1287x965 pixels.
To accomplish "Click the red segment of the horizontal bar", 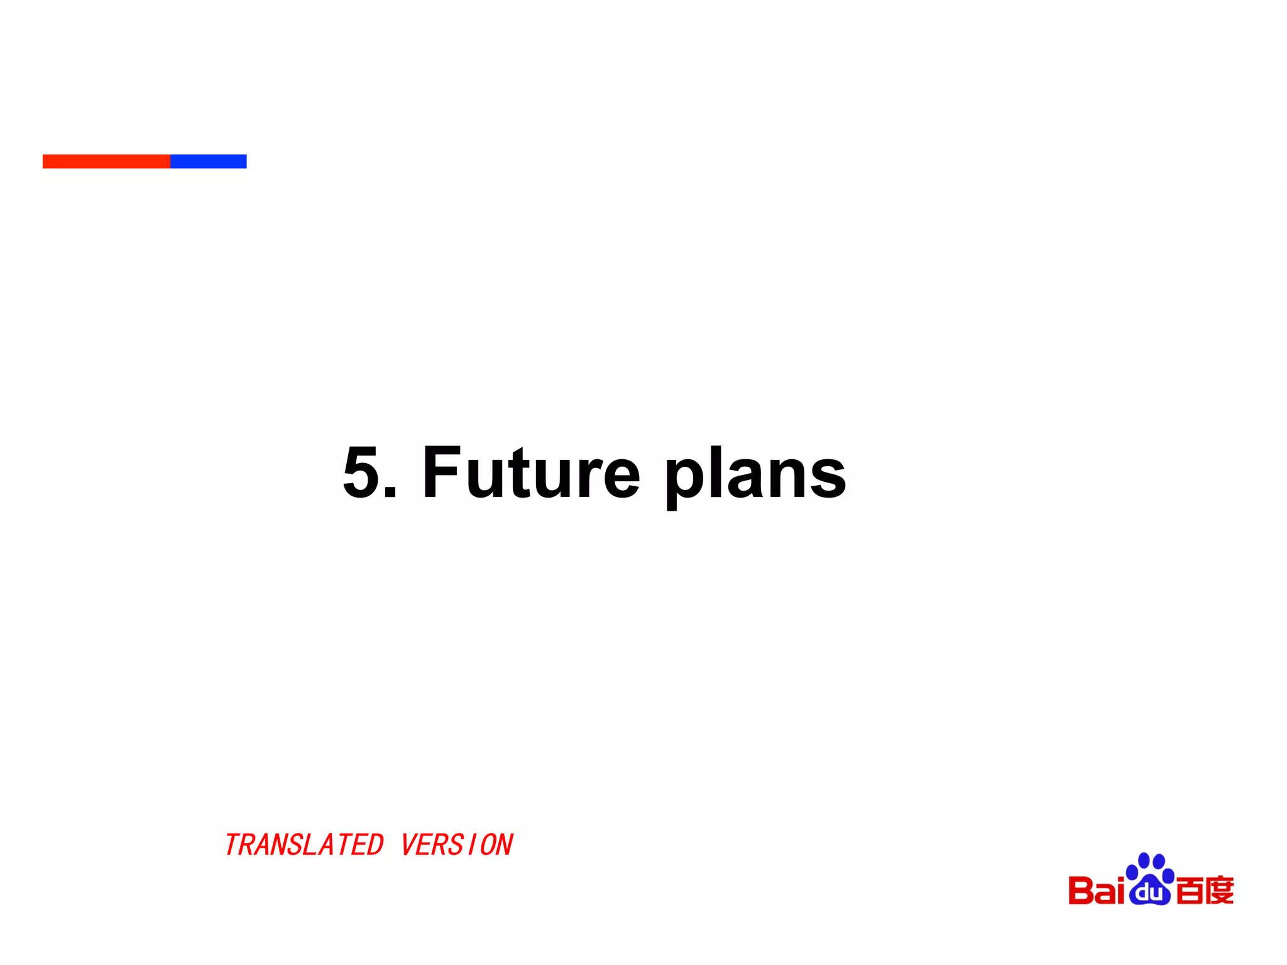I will click(106, 161).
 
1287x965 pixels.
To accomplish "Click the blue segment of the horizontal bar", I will click(208, 161).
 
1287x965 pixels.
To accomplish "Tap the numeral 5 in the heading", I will click(363, 472).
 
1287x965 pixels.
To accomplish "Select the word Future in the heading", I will click(531, 472).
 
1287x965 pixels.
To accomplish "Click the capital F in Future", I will click(441, 472).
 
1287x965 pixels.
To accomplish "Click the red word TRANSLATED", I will click(304, 845).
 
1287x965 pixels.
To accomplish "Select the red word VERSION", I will click(457, 845).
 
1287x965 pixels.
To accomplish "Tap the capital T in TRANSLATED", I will click(234, 845).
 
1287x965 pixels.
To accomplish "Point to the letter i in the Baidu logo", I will click(1118, 890).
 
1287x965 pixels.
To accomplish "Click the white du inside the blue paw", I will click(1149, 893).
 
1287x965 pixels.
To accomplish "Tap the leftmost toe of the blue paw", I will click(1132, 873).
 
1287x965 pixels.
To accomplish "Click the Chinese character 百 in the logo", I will click(1189, 890).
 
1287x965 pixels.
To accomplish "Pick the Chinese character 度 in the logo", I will click(1220, 890).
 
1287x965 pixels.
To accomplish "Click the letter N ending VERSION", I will click(505, 845).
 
